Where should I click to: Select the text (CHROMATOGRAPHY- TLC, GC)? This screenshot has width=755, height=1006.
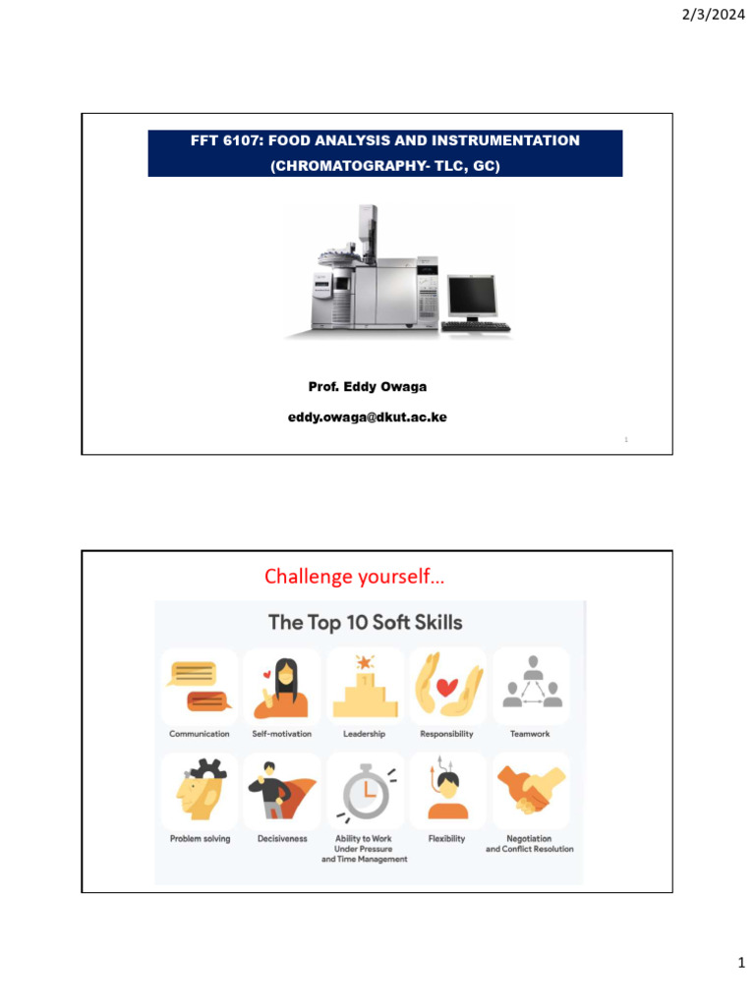tap(385, 167)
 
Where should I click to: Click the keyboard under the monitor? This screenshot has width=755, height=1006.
tap(476, 326)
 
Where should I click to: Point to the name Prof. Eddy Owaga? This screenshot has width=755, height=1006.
tap(368, 387)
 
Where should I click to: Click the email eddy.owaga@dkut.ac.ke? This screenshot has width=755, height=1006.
tap(368, 418)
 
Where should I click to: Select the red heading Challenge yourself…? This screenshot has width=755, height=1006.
tap(354, 577)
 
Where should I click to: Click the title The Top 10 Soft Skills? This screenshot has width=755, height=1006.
tap(366, 622)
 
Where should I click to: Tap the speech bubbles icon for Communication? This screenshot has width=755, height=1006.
tap(200, 686)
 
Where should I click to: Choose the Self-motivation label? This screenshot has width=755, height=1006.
tap(281, 734)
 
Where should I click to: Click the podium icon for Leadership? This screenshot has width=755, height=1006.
tap(365, 686)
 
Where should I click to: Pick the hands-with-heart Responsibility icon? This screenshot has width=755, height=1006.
tap(447, 686)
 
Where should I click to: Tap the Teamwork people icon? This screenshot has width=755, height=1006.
tap(531, 686)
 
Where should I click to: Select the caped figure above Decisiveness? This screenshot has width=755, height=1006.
tap(281, 791)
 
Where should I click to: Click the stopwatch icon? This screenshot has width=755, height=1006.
tap(365, 791)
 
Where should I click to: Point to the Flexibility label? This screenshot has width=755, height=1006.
tap(447, 839)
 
